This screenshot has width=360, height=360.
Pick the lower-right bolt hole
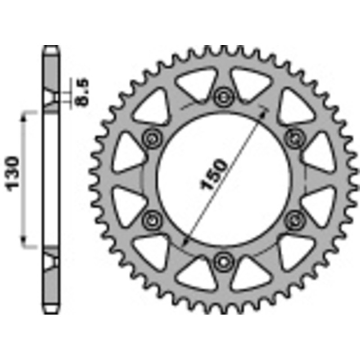(295, 219)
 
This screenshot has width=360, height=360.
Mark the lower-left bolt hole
(151, 219)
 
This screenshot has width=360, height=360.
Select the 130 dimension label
(14, 173)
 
